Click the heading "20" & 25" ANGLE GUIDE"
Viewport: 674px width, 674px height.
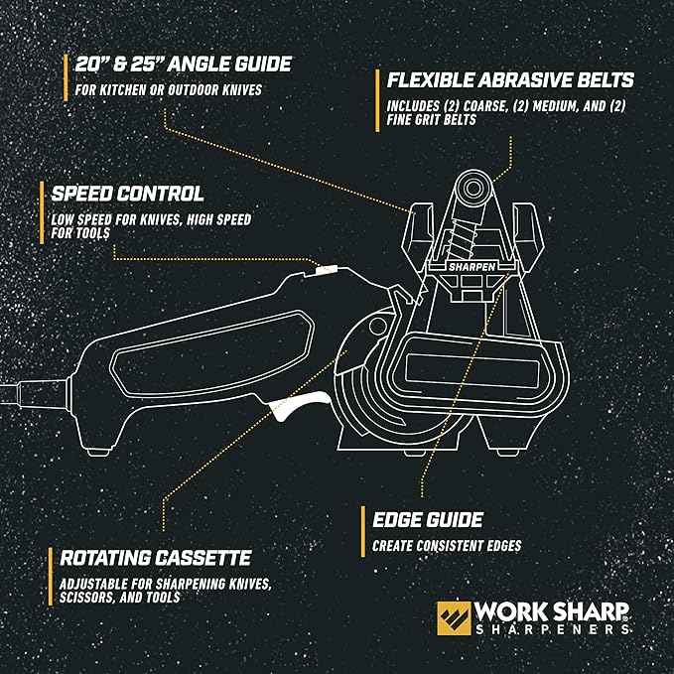183,65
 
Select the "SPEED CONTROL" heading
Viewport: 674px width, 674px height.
126,194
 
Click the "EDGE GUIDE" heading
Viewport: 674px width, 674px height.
428,519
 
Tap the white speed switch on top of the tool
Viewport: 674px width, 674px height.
326,268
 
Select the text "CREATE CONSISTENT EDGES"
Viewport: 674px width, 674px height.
446,546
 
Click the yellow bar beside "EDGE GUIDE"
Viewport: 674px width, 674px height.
361,531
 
